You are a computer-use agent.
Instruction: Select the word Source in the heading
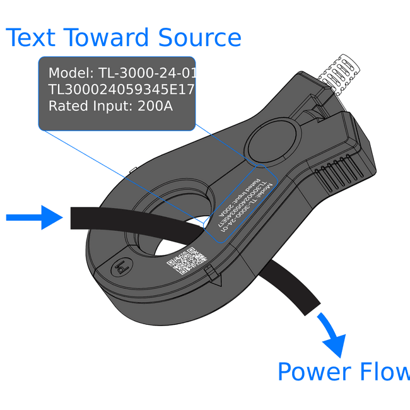[x=200, y=38]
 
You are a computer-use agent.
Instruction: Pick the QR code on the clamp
[x=187, y=261]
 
